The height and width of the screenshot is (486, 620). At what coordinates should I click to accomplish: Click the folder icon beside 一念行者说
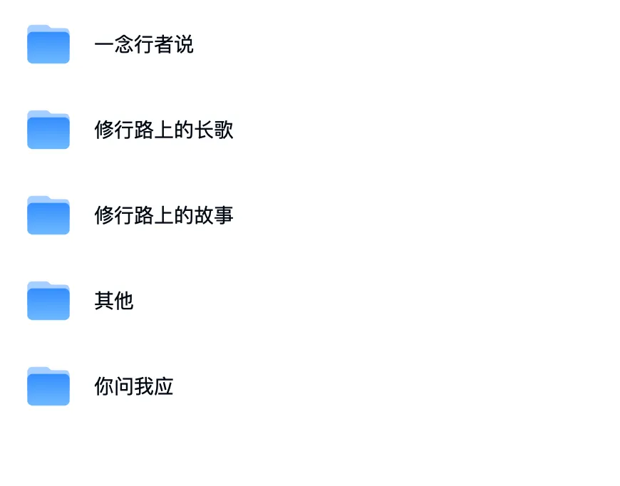(48, 44)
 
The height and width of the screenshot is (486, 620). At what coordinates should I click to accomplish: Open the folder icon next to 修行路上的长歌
(48, 130)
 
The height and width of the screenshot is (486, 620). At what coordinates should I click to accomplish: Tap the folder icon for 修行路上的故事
(48, 215)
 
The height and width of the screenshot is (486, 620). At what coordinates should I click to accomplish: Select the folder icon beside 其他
(48, 301)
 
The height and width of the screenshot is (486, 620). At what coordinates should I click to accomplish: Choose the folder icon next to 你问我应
(48, 386)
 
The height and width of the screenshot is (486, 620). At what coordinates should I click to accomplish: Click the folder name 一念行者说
(144, 45)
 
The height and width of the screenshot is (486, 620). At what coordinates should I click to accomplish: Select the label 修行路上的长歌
(164, 130)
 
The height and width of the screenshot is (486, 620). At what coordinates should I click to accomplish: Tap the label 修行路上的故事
(164, 216)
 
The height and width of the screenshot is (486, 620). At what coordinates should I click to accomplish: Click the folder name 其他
(114, 301)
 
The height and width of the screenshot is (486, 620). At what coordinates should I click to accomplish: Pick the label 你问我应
(134, 387)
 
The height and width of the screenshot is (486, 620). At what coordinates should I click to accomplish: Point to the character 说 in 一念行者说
(184, 45)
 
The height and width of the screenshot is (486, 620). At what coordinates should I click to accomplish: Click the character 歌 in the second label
(224, 130)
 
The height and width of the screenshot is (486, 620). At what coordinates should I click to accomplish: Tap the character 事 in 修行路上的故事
(224, 216)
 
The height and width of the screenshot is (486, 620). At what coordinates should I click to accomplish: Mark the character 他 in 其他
(124, 301)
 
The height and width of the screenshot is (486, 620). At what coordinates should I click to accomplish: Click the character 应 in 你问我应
(164, 387)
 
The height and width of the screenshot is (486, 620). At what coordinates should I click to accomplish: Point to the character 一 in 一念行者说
(104, 45)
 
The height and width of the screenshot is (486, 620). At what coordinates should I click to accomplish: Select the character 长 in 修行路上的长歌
(204, 130)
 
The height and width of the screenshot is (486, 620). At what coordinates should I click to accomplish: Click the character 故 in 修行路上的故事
(204, 216)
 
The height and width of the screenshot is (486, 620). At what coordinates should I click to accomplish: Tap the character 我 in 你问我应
(144, 387)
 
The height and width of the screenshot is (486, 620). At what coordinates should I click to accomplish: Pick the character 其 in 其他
(104, 301)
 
